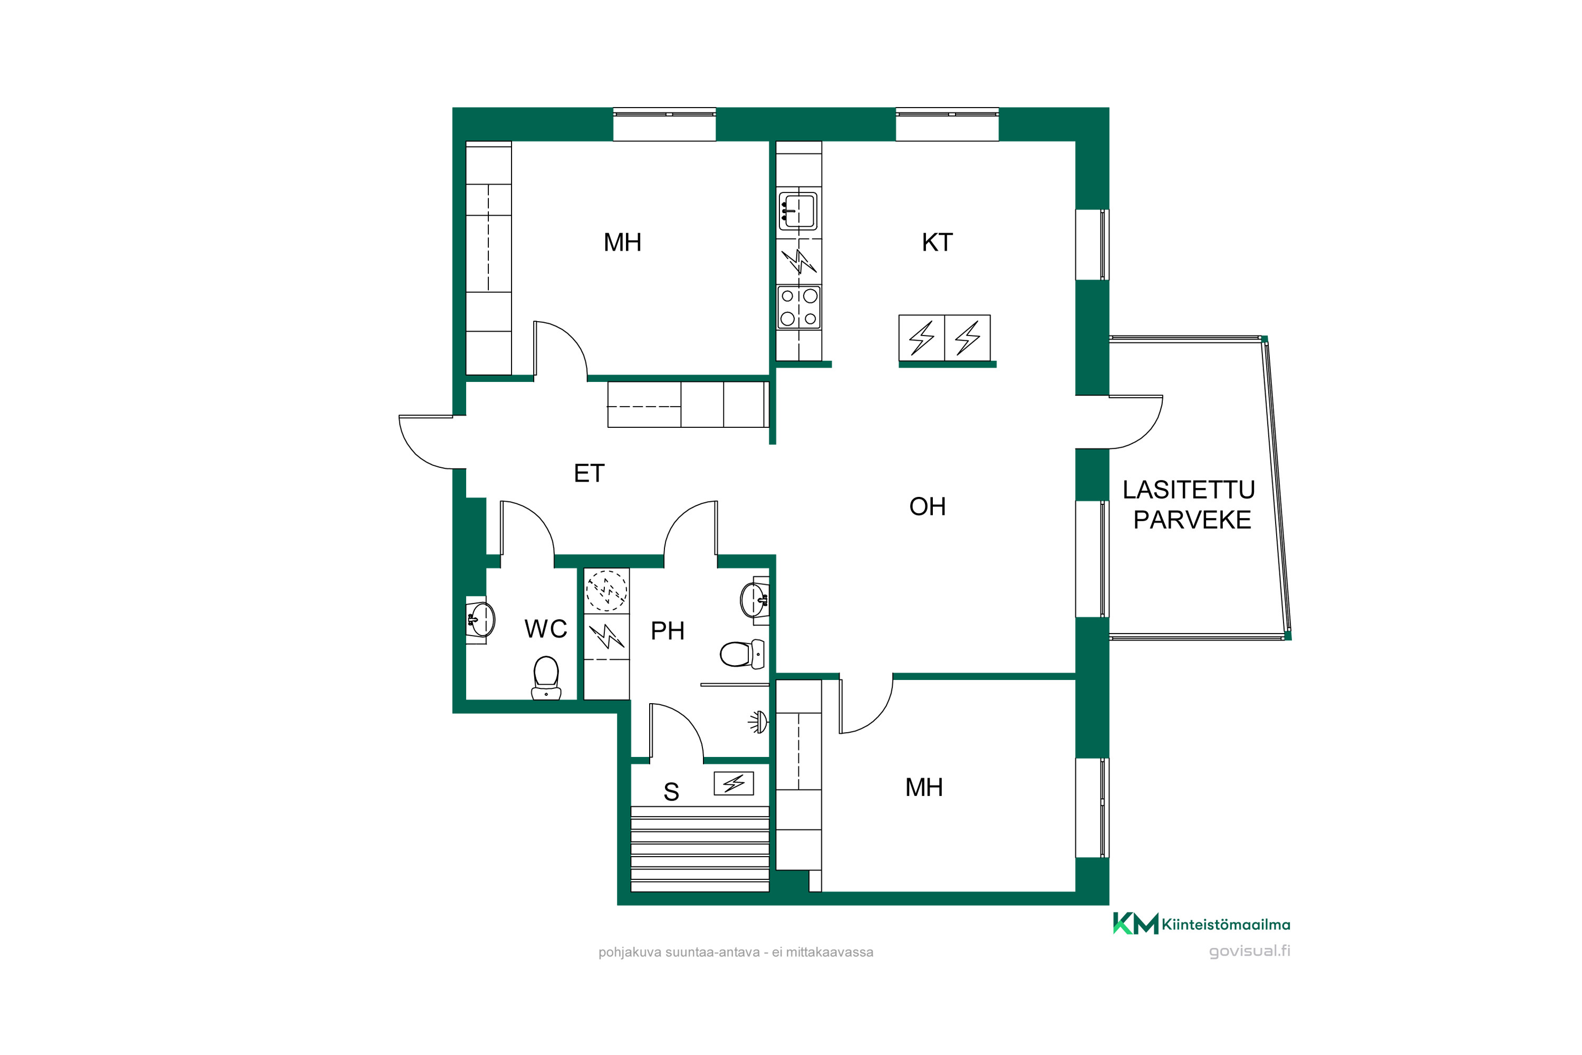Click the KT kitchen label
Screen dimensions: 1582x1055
937,242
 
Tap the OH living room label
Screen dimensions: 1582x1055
928,506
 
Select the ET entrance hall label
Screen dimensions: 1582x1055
589,474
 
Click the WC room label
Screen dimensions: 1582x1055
545,629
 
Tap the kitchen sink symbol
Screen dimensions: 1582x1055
798,212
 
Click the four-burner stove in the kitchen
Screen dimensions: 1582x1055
799,308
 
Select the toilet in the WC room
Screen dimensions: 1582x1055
546,678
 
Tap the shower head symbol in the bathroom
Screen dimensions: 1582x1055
759,722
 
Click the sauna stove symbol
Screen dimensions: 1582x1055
734,783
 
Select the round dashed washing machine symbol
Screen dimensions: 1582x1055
607,591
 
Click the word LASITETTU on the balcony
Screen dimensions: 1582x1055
1189,490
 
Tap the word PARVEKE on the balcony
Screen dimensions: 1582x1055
1192,520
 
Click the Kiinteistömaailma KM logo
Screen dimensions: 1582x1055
1201,924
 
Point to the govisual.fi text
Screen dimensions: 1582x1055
1250,951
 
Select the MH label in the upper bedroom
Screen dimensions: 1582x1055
622,242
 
